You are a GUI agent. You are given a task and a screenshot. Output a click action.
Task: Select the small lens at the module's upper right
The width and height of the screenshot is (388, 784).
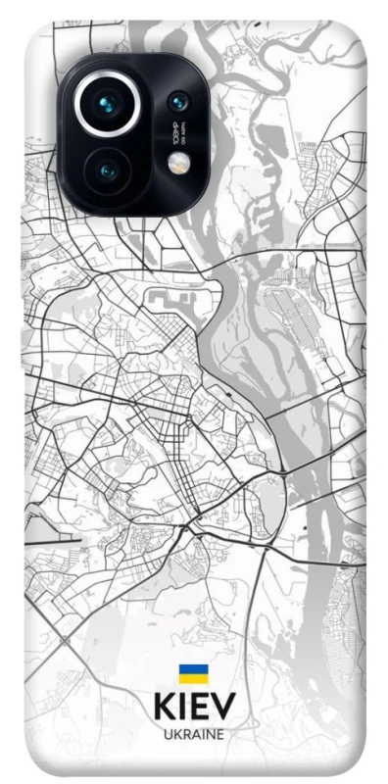[x=177, y=101]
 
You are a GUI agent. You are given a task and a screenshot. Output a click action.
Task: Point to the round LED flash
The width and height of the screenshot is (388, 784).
[x=177, y=164]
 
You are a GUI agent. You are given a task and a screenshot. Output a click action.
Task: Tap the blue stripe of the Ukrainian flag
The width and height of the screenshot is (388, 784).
[x=192, y=668]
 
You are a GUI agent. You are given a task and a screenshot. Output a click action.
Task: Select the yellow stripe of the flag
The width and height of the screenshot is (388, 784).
[x=192, y=677]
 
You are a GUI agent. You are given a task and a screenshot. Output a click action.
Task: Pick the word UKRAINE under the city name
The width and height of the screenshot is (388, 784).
[x=193, y=734]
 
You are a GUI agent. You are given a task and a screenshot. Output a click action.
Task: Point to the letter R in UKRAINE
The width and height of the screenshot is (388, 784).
[x=185, y=734]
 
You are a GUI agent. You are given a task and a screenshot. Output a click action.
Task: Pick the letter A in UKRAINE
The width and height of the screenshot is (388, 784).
[x=194, y=734]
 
